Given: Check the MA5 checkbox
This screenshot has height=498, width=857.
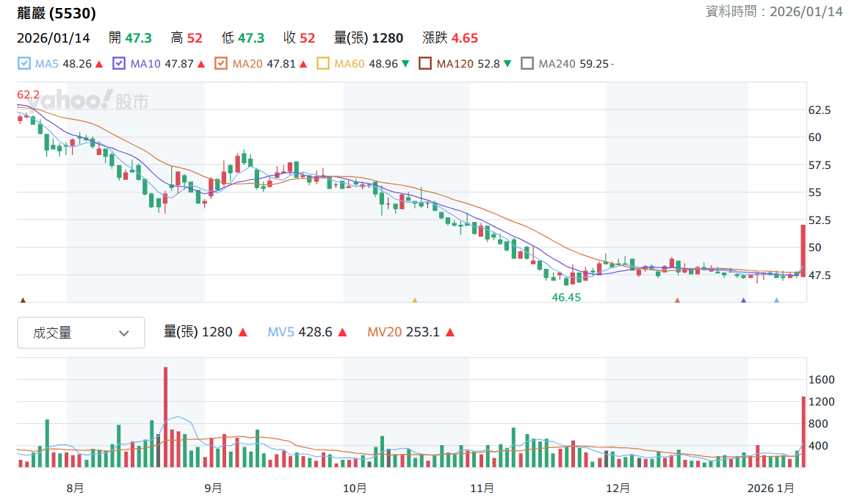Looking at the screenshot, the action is point(24,63).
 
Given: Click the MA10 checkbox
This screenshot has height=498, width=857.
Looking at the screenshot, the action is point(119,63).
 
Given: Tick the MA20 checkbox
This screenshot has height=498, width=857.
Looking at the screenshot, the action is point(221,63).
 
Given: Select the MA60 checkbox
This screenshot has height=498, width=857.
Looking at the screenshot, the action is point(323,63).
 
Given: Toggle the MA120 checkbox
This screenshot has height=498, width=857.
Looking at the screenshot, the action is point(425,63).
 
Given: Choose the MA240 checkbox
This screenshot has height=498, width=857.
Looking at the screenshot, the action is point(527,63).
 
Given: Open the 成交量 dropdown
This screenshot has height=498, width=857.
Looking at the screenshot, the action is point(81,332).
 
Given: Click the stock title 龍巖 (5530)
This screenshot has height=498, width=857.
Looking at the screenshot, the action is point(57,13).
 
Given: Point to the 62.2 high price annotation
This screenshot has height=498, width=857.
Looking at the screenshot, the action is point(29,95).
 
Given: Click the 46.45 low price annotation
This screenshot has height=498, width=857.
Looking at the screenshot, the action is point(566,297).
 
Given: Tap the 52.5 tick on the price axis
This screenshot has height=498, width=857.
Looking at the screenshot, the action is point(820,220).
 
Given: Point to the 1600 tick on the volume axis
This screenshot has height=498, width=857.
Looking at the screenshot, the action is point(822,380).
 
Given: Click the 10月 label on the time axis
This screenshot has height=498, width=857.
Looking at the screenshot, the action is point(355,488).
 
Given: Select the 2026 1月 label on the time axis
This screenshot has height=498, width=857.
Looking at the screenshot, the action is point(770,488).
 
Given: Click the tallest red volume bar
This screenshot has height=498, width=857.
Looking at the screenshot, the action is point(166,417).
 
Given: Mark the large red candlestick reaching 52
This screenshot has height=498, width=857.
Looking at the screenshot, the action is point(803,251).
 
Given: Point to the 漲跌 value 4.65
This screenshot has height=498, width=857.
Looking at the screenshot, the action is point(465,37).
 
